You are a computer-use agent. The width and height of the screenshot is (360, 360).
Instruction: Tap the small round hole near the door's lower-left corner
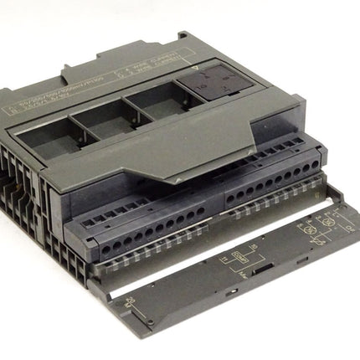click(x=149, y=321)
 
